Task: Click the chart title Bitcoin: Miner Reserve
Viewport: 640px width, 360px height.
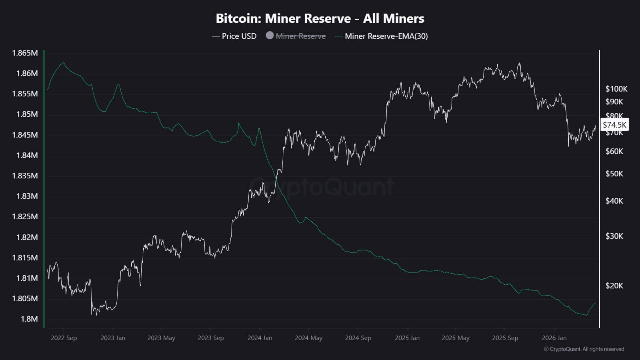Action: point(320,18)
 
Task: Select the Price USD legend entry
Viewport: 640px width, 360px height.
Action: point(234,36)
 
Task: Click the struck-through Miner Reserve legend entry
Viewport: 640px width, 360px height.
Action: point(300,36)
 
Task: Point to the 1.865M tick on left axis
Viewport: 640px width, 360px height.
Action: point(25,53)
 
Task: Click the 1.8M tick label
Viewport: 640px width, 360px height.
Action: point(30,319)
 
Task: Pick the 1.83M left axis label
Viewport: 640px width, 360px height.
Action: point(27,196)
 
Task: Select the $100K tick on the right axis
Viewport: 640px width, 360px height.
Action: point(616,89)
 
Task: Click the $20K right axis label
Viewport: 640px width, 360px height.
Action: point(614,286)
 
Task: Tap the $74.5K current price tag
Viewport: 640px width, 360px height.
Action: point(614,125)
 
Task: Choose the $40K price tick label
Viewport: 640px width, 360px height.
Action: point(614,201)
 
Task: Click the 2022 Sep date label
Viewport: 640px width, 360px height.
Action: point(64,338)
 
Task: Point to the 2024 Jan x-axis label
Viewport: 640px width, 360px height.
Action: point(260,338)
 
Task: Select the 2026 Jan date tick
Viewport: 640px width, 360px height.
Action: point(554,338)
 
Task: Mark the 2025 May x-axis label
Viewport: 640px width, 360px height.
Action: point(455,338)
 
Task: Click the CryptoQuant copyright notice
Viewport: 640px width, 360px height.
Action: point(584,349)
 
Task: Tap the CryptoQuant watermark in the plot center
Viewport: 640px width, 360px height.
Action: point(322,186)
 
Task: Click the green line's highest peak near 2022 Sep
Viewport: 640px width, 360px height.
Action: point(63,62)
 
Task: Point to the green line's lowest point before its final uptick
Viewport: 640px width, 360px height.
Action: point(586,315)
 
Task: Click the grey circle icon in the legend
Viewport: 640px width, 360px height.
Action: point(270,36)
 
